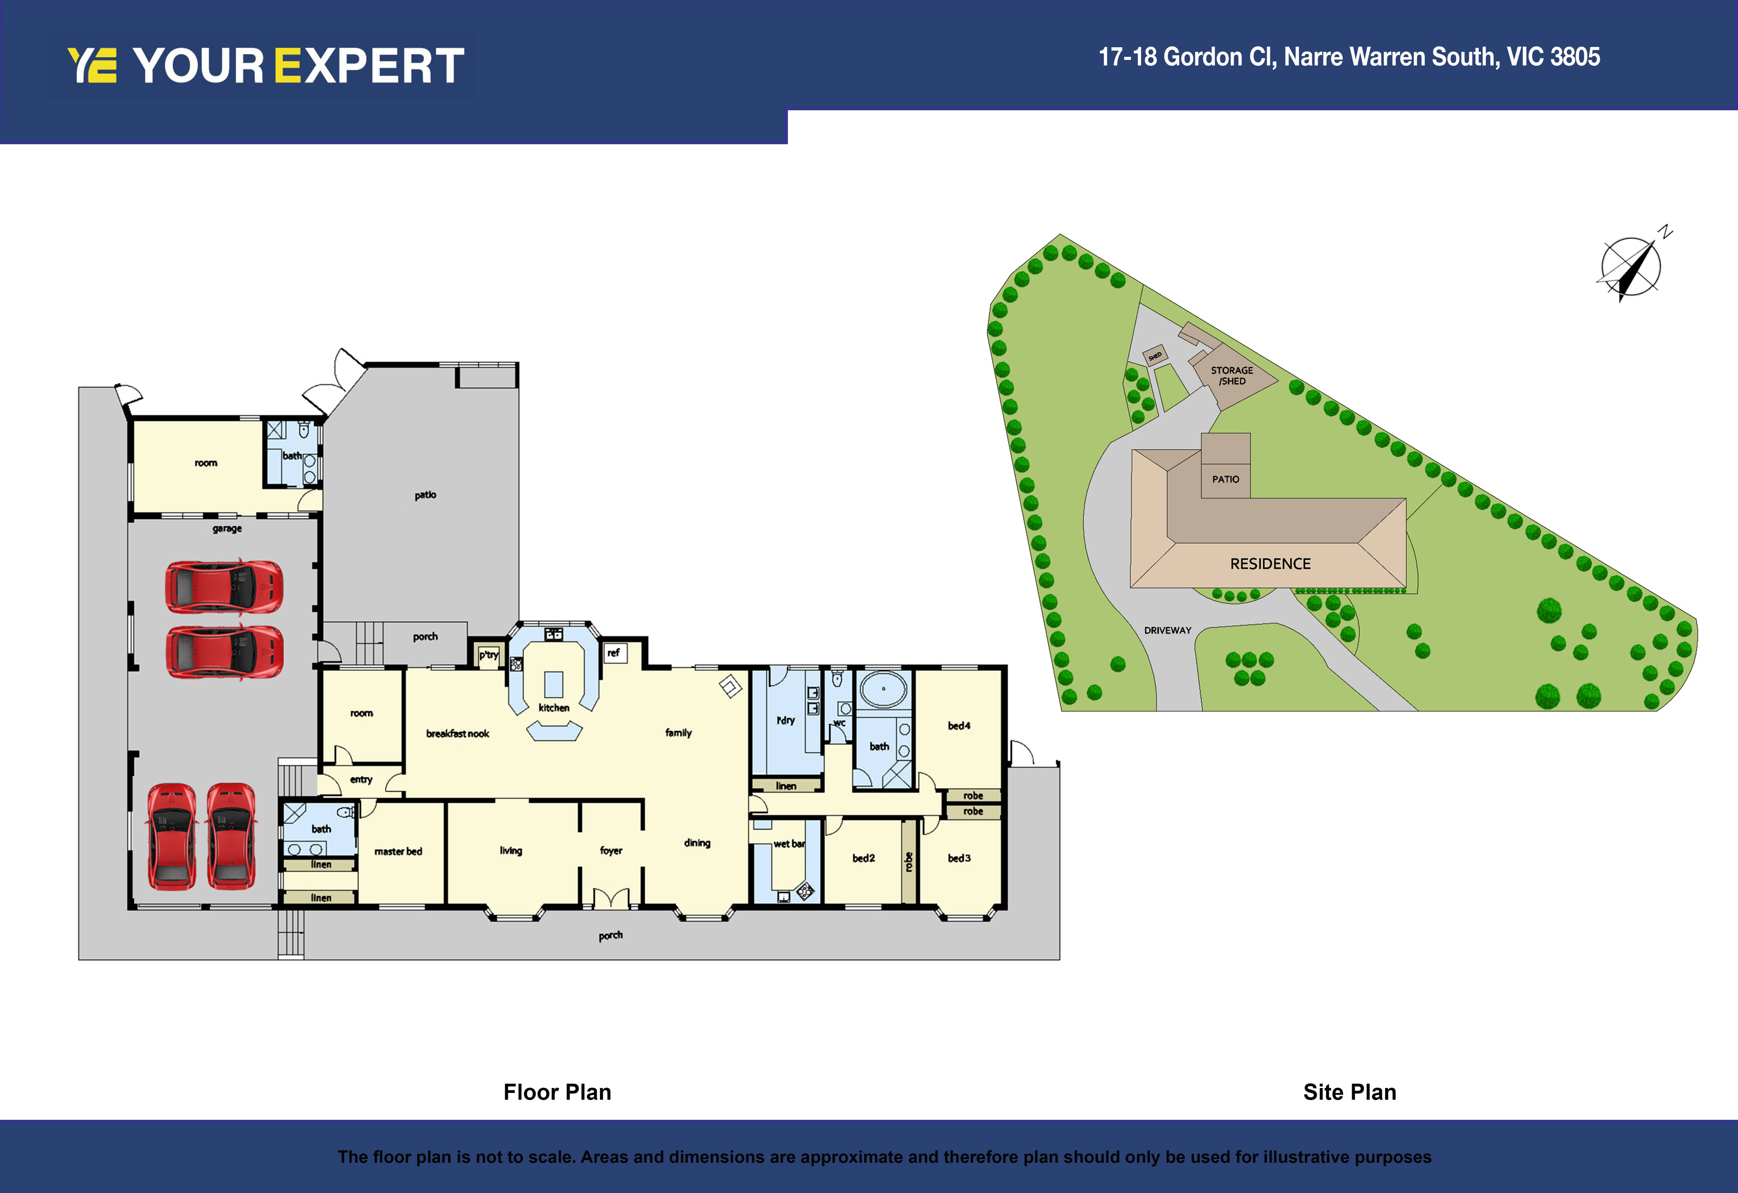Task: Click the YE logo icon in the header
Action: tap(92, 65)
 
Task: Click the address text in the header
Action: tap(1349, 57)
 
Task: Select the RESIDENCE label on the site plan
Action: tap(1271, 564)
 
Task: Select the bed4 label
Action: tap(959, 725)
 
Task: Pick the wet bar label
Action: tap(789, 844)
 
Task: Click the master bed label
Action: tap(398, 851)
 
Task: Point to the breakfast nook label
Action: tap(458, 734)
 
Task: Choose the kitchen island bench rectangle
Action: tap(553, 684)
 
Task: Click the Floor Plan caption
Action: tap(557, 1092)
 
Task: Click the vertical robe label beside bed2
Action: tap(909, 862)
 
